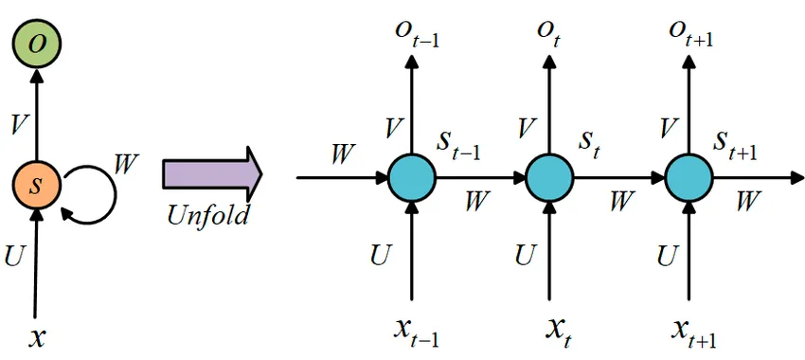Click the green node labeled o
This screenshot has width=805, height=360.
(x=36, y=42)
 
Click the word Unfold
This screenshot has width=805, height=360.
(x=207, y=215)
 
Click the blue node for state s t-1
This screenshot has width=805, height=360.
(x=411, y=177)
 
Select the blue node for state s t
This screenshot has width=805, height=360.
(x=549, y=177)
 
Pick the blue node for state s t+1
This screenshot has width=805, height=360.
(x=688, y=177)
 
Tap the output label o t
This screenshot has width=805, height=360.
(x=548, y=34)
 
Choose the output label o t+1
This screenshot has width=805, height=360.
(x=690, y=34)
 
